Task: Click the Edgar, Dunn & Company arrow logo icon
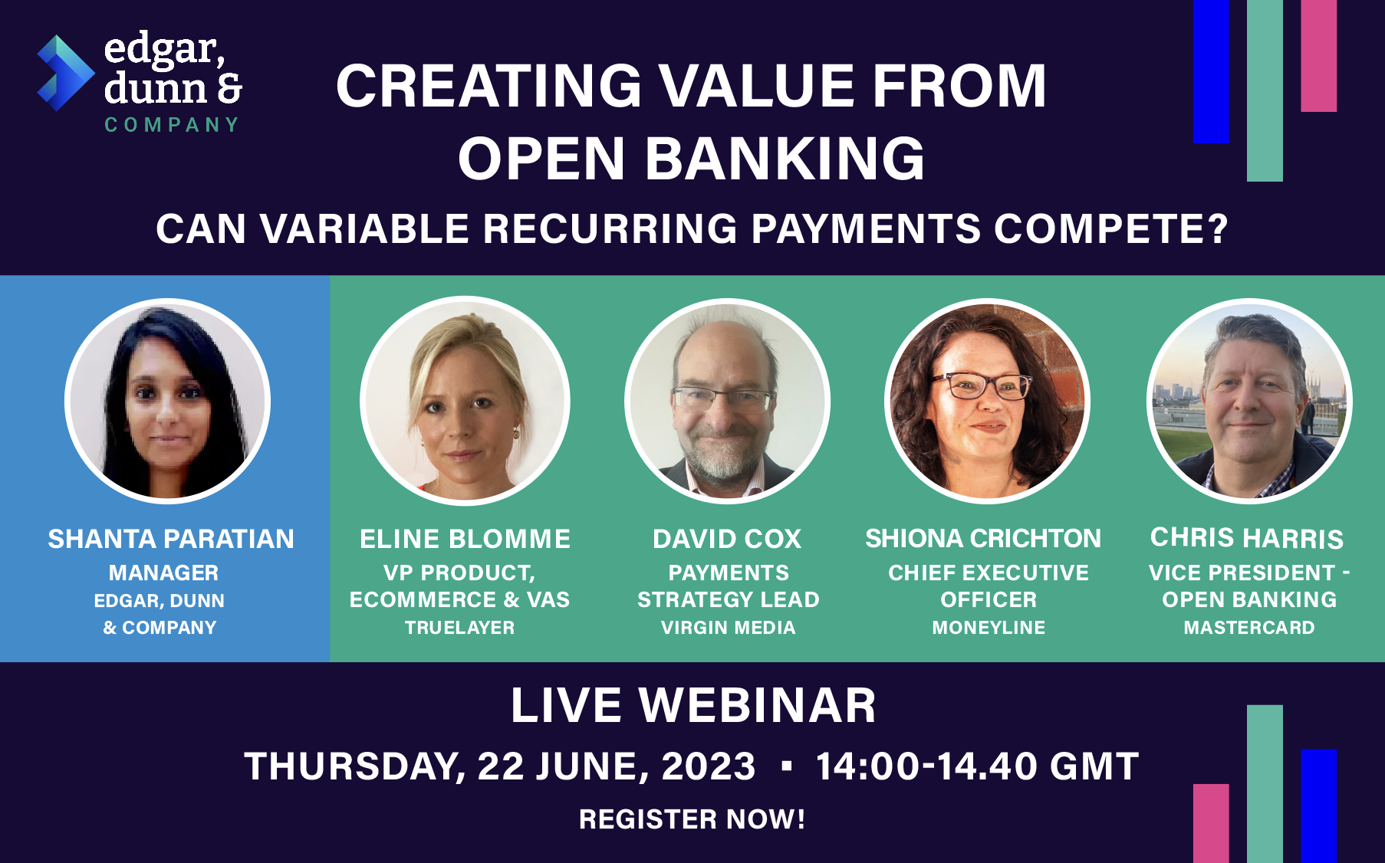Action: pos(64,74)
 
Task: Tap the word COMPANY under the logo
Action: pos(172,125)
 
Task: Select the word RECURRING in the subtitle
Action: pos(610,228)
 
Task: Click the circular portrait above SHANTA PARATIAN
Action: pos(167,401)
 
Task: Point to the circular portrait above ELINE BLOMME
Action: pos(465,401)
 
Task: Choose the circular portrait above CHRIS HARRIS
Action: pos(1249,401)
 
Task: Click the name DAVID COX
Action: pos(727,539)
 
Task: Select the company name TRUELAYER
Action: pos(459,628)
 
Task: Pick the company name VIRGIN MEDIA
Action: pos(728,628)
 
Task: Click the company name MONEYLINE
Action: pos(989,628)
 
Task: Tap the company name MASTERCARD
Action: pos(1249,628)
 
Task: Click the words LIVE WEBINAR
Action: pos(693,705)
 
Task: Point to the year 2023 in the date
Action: pos(709,766)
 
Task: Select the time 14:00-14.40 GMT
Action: pos(977,766)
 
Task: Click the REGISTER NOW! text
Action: pos(692,819)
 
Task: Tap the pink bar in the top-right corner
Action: pos(1318,55)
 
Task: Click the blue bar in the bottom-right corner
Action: pos(1318,805)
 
